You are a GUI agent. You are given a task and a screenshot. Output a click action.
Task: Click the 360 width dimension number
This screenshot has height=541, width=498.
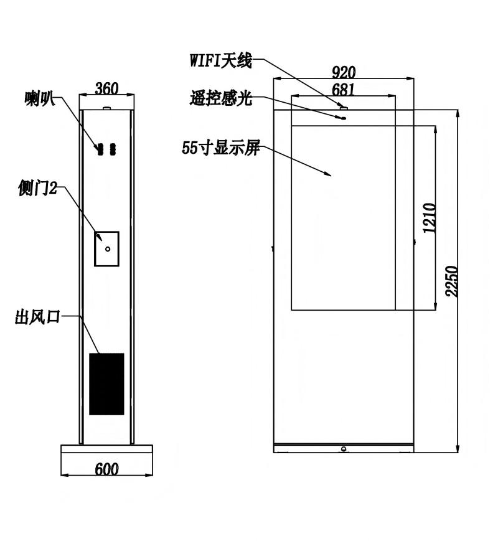click(106, 88)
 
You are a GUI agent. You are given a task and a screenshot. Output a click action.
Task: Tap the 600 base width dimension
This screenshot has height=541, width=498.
click(106, 469)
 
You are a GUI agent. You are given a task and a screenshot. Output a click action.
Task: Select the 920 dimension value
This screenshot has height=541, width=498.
click(344, 72)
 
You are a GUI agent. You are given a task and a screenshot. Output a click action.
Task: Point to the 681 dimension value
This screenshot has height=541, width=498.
click(344, 90)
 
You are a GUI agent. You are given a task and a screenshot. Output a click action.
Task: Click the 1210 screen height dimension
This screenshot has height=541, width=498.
click(430, 218)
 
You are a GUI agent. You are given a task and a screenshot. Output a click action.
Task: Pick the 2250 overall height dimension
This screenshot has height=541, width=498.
click(451, 281)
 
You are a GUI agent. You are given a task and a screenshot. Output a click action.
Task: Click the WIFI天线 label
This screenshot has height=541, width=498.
click(221, 61)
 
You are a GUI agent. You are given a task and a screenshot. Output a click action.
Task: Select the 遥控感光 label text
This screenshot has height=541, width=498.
click(221, 98)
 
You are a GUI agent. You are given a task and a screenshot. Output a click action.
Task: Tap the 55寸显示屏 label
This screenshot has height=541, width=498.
click(221, 148)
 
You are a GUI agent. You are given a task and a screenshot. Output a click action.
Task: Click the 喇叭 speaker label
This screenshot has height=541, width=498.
click(40, 98)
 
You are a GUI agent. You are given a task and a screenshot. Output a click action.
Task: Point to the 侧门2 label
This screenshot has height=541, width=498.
click(37, 188)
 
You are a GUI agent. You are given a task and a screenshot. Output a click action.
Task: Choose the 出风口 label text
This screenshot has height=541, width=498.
click(37, 317)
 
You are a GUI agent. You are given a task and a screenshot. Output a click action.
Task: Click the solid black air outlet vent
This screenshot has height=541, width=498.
click(106, 383)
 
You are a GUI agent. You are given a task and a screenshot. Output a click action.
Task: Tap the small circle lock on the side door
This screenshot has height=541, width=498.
click(108, 249)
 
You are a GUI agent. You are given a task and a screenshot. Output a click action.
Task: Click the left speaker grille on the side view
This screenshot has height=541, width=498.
click(100, 149)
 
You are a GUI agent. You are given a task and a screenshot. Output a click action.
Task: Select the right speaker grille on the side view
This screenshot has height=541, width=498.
click(113, 149)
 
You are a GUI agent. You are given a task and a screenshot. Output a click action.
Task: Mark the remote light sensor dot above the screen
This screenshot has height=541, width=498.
click(343, 118)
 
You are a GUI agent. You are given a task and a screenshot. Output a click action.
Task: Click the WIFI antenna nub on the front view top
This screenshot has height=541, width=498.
click(344, 108)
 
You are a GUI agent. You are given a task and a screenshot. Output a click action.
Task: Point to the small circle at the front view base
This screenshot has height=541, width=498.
click(344, 449)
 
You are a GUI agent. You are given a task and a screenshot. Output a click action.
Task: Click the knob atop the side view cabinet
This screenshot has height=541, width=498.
click(107, 108)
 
